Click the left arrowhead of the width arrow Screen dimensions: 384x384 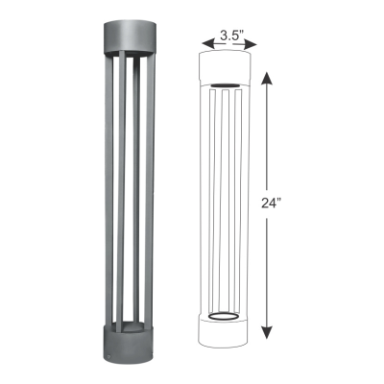pyautogui.click(x=204, y=42)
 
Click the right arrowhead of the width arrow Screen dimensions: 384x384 pyautogui.click(x=254, y=42)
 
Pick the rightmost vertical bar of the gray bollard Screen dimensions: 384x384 pyautogui.click(x=149, y=192)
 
